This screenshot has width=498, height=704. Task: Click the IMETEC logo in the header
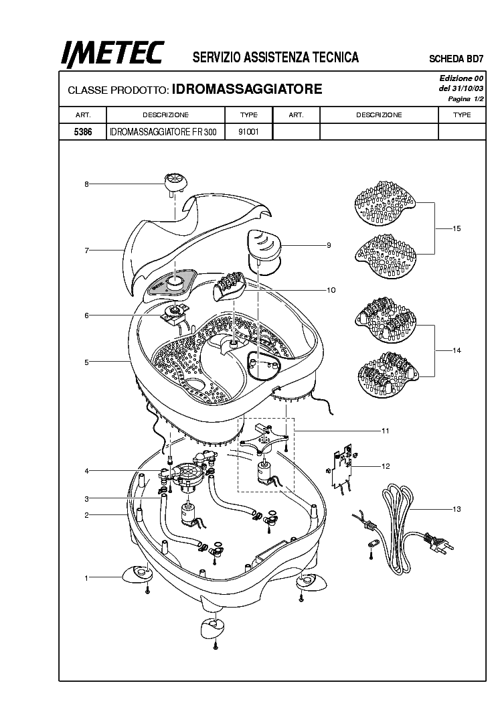(112, 54)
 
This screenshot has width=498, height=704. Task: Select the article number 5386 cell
(83, 132)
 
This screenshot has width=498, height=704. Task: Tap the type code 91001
(248, 132)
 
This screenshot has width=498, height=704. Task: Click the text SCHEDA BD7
(456, 59)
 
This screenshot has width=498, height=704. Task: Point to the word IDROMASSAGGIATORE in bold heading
(247, 89)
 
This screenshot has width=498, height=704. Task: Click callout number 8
(86, 184)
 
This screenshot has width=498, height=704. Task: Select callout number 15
(456, 228)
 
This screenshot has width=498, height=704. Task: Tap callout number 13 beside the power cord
(456, 509)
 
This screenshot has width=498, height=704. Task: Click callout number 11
(386, 431)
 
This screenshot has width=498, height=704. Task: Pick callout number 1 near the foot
(86, 578)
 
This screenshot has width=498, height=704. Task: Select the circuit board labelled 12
(342, 470)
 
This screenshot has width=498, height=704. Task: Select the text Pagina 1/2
(466, 99)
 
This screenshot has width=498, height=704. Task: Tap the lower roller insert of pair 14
(388, 374)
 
